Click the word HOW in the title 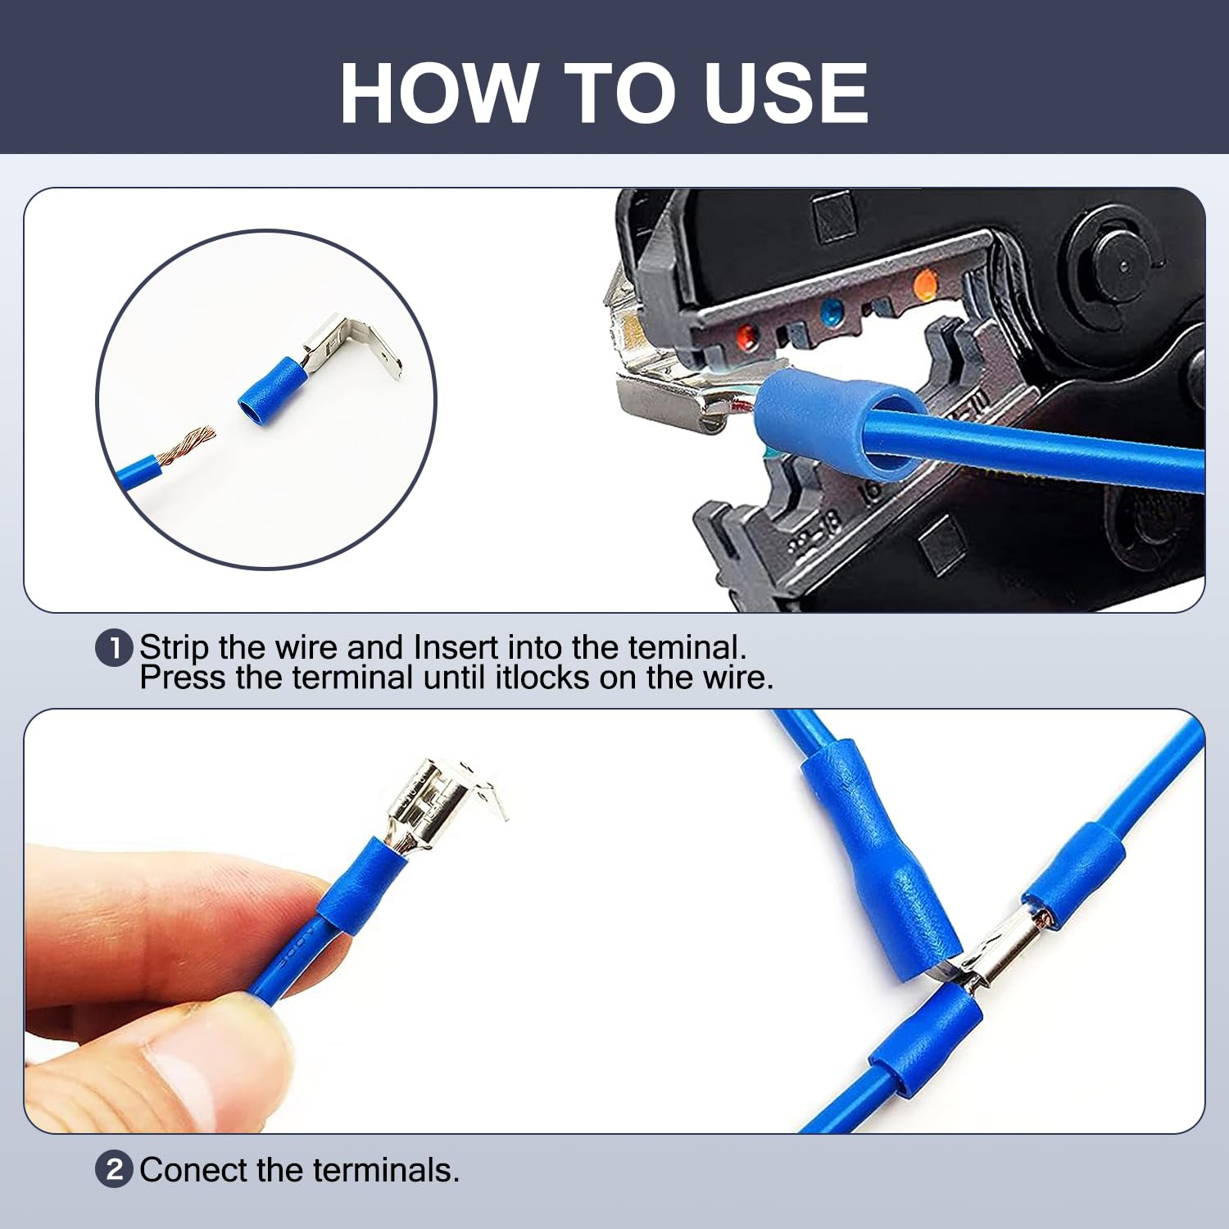(x=438, y=93)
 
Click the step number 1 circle (x=114, y=648)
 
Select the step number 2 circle (x=114, y=1169)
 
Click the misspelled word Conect (x=193, y=1170)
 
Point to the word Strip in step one (x=174, y=647)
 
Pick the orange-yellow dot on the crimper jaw (x=924, y=285)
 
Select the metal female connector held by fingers (x=434, y=803)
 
